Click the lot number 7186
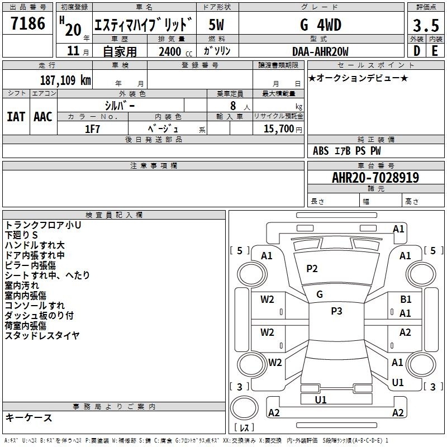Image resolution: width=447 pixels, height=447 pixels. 27,23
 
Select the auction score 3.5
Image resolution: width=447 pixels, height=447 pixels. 426,25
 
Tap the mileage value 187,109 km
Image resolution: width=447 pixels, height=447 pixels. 65,80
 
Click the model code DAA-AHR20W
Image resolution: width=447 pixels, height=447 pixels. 320,51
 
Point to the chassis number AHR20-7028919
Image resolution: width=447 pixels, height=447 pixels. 375,177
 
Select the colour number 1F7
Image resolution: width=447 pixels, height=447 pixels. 92,129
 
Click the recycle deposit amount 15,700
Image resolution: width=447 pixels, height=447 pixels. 278,129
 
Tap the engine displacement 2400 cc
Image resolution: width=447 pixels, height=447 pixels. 175,51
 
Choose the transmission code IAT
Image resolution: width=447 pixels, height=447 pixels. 16,117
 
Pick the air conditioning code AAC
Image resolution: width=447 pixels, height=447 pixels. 43,117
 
